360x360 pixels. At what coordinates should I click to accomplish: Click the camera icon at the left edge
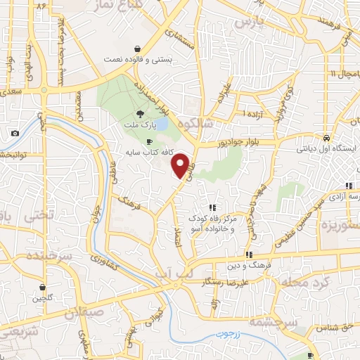(15, 133)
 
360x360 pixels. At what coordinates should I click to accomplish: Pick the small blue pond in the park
(161, 124)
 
